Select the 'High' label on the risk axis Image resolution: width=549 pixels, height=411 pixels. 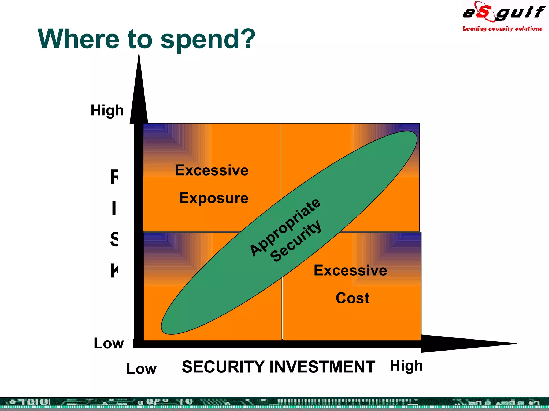point(107,110)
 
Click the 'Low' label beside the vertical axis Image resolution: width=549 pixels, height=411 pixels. point(109,343)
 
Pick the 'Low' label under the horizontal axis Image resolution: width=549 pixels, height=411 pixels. point(141,369)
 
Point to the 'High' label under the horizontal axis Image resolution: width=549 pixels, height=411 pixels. point(406,366)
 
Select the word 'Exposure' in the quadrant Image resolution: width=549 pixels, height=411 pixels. point(214,198)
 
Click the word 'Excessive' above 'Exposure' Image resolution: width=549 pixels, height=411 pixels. point(212,170)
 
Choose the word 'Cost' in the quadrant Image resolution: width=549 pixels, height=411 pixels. point(352,298)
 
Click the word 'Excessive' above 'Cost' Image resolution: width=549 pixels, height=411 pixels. point(350,270)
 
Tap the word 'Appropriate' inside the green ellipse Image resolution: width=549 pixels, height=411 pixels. point(285,227)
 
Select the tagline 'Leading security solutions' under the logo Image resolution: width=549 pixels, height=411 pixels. point(502,29)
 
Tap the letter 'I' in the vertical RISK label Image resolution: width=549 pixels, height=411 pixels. point(114,208)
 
